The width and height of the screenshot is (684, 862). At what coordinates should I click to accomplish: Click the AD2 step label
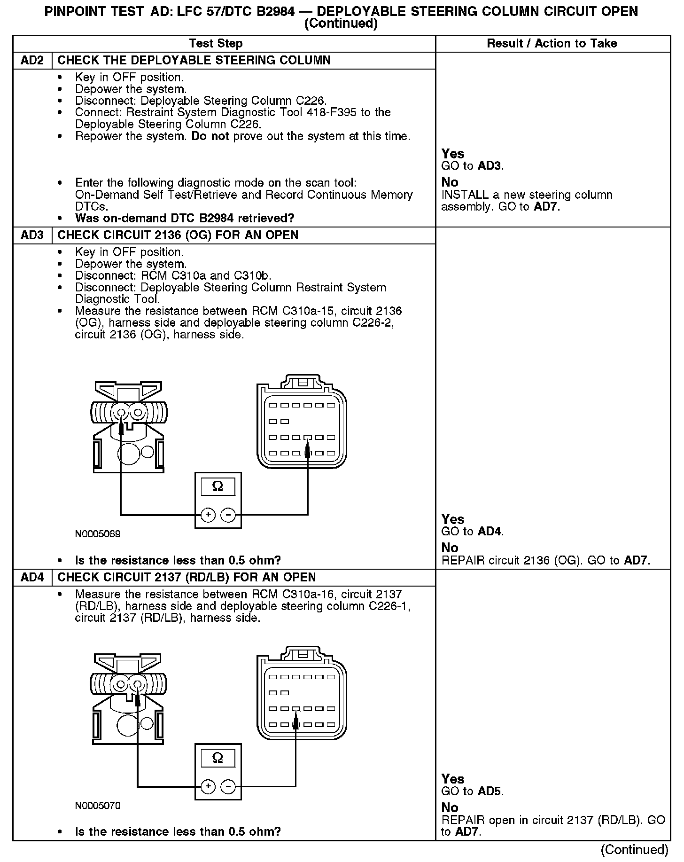point(32,61)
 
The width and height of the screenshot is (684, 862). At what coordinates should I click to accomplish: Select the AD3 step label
point(32,235)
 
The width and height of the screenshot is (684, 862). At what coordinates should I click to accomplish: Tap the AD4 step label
point(32,578)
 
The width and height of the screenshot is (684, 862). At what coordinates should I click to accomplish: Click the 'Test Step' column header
point(216,44)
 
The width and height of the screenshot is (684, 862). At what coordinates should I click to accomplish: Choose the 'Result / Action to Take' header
point(552,44)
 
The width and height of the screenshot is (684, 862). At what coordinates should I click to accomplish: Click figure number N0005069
point(98,534)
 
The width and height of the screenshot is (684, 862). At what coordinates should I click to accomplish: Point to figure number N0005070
point(98,806)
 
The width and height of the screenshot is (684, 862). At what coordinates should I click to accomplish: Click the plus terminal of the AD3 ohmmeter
point(208,516)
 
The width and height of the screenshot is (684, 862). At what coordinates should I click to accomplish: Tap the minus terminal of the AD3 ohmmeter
point(228,516)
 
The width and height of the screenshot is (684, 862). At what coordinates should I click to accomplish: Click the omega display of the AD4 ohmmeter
point(218,758)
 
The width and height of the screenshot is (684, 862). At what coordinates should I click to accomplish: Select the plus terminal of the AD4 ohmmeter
point(208,787)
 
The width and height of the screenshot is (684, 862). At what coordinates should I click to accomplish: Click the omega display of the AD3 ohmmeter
point(218,486)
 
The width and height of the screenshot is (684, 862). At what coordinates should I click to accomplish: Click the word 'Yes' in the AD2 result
point(453,154)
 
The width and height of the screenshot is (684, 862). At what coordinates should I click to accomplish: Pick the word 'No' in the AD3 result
point(450,548)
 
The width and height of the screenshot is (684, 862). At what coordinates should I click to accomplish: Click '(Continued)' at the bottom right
point(634,850)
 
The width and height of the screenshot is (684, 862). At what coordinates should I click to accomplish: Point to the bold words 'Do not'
point(210,136)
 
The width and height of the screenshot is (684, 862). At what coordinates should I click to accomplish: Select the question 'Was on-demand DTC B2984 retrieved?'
point(185,219)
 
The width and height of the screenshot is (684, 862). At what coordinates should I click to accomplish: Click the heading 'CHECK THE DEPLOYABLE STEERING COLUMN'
point(194,61)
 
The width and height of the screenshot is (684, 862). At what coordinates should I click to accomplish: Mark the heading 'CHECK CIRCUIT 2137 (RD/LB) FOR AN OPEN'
point(187,578)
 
